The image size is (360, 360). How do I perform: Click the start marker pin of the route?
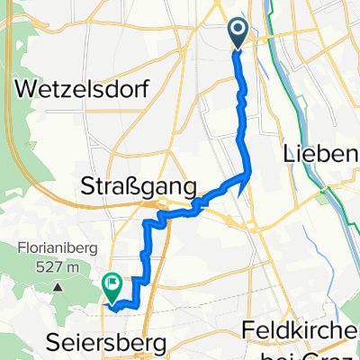(238, 33)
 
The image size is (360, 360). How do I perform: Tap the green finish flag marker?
(112, 287)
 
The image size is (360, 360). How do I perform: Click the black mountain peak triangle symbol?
(57, 286)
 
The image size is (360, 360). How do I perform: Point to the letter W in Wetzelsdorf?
(21, 91)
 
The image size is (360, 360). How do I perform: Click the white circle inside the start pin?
(238, 30)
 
